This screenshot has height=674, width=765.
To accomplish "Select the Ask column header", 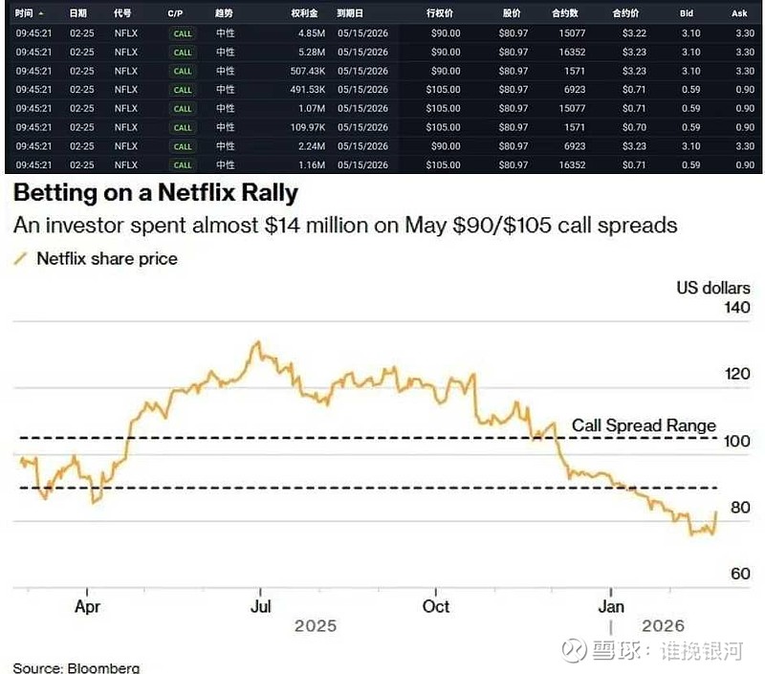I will tap(738, 14).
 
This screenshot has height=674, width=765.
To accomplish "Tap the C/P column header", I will tap(175, 14).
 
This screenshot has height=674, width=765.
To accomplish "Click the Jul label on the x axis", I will tap(261, 606).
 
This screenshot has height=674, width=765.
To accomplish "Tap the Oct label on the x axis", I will tap(436, 606).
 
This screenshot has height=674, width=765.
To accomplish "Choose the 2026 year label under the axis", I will tap(663, 625).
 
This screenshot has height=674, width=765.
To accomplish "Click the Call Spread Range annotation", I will tap(644, 425).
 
